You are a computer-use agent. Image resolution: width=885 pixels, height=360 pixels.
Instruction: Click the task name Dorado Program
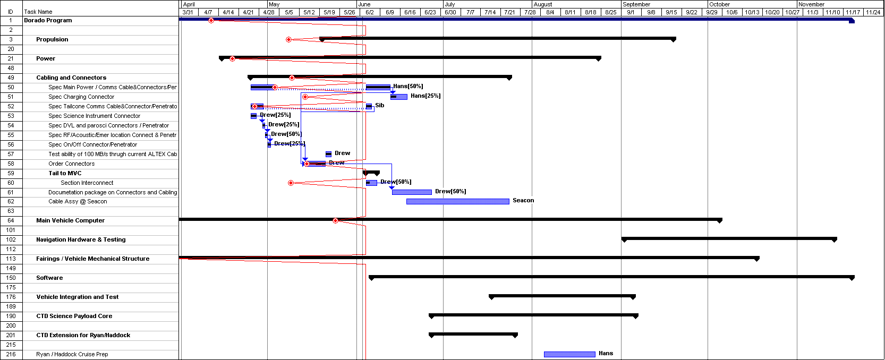click(48, 21)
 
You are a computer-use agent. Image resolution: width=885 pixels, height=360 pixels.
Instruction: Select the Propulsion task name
click(52, 39)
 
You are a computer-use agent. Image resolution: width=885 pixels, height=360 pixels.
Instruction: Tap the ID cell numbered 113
click(11, 259)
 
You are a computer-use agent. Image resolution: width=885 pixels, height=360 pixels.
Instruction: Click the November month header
click(811, 4)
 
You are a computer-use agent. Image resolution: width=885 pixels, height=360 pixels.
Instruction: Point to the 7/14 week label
click(490, 12)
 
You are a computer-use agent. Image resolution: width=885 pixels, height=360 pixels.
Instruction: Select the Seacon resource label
click(523, 201)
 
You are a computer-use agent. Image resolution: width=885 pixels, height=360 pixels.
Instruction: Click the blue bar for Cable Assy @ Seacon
click(457, 201)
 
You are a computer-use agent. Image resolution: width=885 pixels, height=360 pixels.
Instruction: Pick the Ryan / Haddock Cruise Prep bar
click(569, 355)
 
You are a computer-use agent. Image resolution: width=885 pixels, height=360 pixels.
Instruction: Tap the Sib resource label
click(380, 105)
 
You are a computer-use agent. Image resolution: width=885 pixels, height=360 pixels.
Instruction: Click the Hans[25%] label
click(426, 96)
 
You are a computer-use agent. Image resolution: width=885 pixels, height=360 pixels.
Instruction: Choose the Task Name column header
click(38, 12)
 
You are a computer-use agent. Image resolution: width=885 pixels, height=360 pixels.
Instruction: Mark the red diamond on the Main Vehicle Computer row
click(335, 221)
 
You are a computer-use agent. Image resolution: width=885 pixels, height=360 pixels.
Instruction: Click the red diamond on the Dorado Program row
click(211, 21)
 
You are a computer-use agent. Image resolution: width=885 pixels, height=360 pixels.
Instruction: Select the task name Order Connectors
click(72, 164)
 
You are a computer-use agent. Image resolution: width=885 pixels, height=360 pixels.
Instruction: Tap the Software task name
click(49, 278)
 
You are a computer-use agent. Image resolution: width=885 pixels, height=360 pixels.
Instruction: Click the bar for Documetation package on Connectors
click(412, 192)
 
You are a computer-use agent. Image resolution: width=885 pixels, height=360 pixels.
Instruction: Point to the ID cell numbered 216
click(11, 355)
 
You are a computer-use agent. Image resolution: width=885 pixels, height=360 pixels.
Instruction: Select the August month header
click(543, 4)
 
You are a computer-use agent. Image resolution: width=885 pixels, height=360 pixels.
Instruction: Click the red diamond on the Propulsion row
click(289, 39)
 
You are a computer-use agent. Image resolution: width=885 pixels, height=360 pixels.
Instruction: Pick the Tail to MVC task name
click(65, 173)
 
